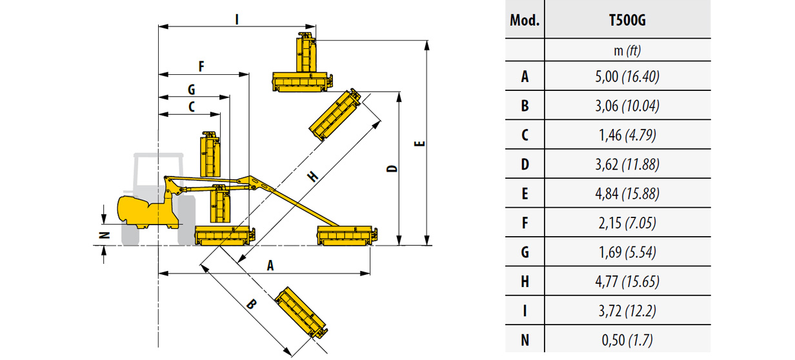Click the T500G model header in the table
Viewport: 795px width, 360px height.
627,20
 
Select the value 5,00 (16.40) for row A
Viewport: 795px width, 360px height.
627,76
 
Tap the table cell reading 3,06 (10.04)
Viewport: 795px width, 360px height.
627,106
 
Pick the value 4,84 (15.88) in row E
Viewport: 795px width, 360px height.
627,194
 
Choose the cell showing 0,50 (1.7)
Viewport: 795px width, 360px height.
627,340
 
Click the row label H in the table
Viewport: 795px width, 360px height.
525,281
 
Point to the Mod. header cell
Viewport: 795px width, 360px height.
525,20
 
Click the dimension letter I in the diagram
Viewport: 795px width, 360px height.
237,20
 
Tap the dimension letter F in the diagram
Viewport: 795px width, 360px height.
201,66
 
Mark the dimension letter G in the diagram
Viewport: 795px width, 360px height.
191,89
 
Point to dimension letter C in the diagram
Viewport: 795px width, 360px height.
192,108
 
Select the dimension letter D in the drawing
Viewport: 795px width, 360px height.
391,169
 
